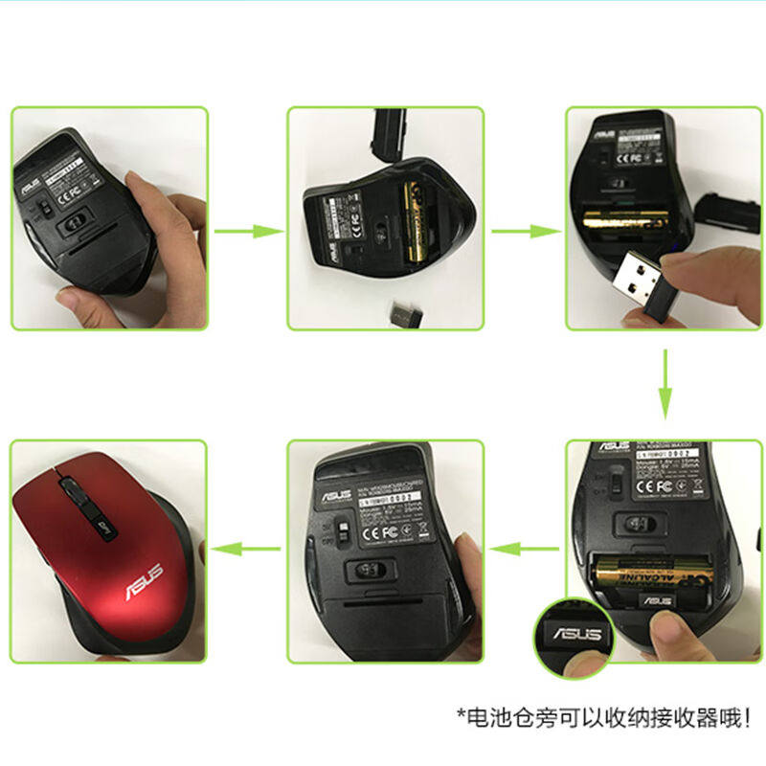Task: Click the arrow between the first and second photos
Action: pos(247,231)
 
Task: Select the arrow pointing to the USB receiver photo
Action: pos(524,231)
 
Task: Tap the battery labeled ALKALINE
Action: pos(651,578)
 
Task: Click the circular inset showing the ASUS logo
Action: pos(573,635)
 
